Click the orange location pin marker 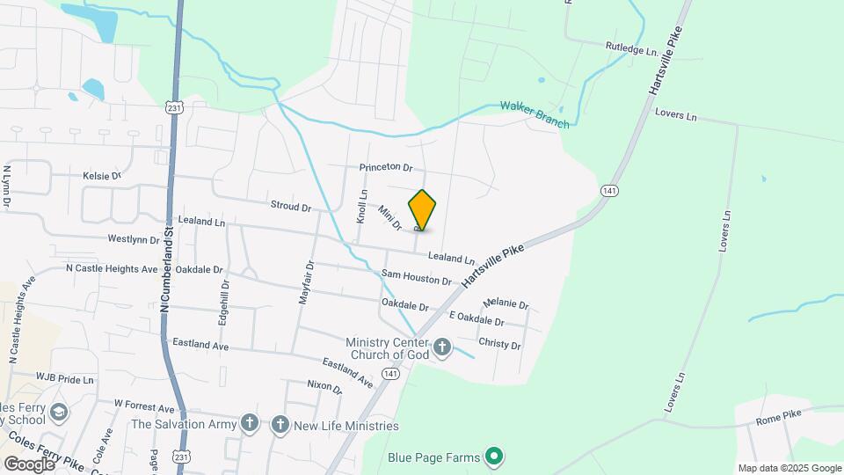pyautogui.click(x=422, y=209)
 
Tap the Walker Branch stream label pyautogui.click(x=535, y=114)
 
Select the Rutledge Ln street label pyautogui.click(x=631, y=51)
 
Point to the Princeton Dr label pyautogui.click(x=385, y=167)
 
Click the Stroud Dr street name pyautogui.click(x=291, y=208)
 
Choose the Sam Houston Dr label pyautogui.click(x=416, y=279)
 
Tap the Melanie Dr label pyautogui.click(x=506, y=304)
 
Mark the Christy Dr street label pyautogui.click(x=499, y=344)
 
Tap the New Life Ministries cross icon pyautogui.click(x=280, y=426)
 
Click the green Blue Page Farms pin pyautogui.click(x=494, y=457)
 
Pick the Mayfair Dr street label pyautogui.click(x=305, y=282)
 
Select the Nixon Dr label pyautogui.click(x=324, y=385)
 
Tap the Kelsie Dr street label pyautogui.click(x=101, y=176)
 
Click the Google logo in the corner pyautogui.click(x=28, y=464)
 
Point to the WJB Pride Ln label pyautogui.click(x=64, y=378)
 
